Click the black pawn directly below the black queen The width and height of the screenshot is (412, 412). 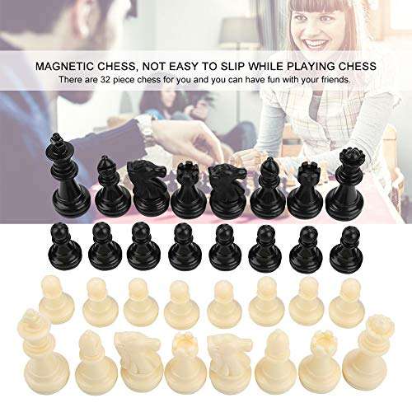[x=347, y=248]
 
